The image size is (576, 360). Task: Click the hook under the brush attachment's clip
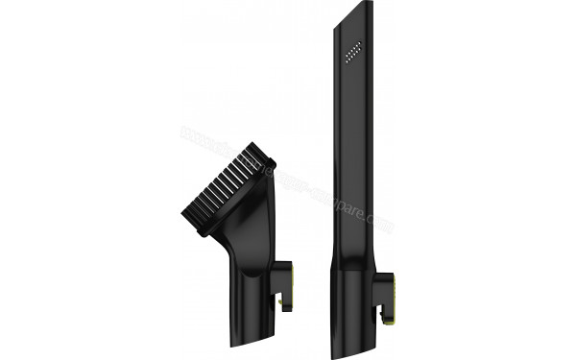pyautogui.click(x=285, y=306)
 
